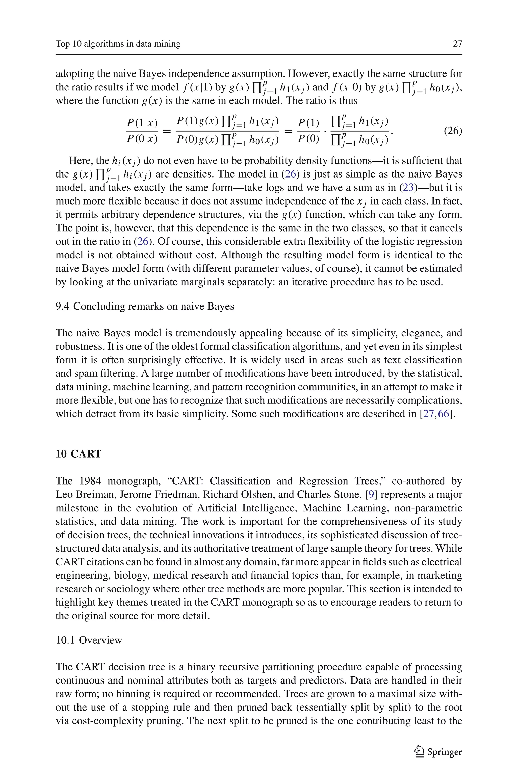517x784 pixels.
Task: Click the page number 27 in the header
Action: click(457, 44)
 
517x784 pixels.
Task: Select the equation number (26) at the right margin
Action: click(453, 131)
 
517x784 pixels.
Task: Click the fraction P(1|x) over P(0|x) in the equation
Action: click(142, 131)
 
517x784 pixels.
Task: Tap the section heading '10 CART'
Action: click(78, 454)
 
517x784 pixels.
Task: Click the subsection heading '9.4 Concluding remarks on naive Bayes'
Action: click(145, 306)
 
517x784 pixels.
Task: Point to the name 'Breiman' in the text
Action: click(96, 495)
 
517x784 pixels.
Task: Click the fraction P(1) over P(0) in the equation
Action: click(309, 131)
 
